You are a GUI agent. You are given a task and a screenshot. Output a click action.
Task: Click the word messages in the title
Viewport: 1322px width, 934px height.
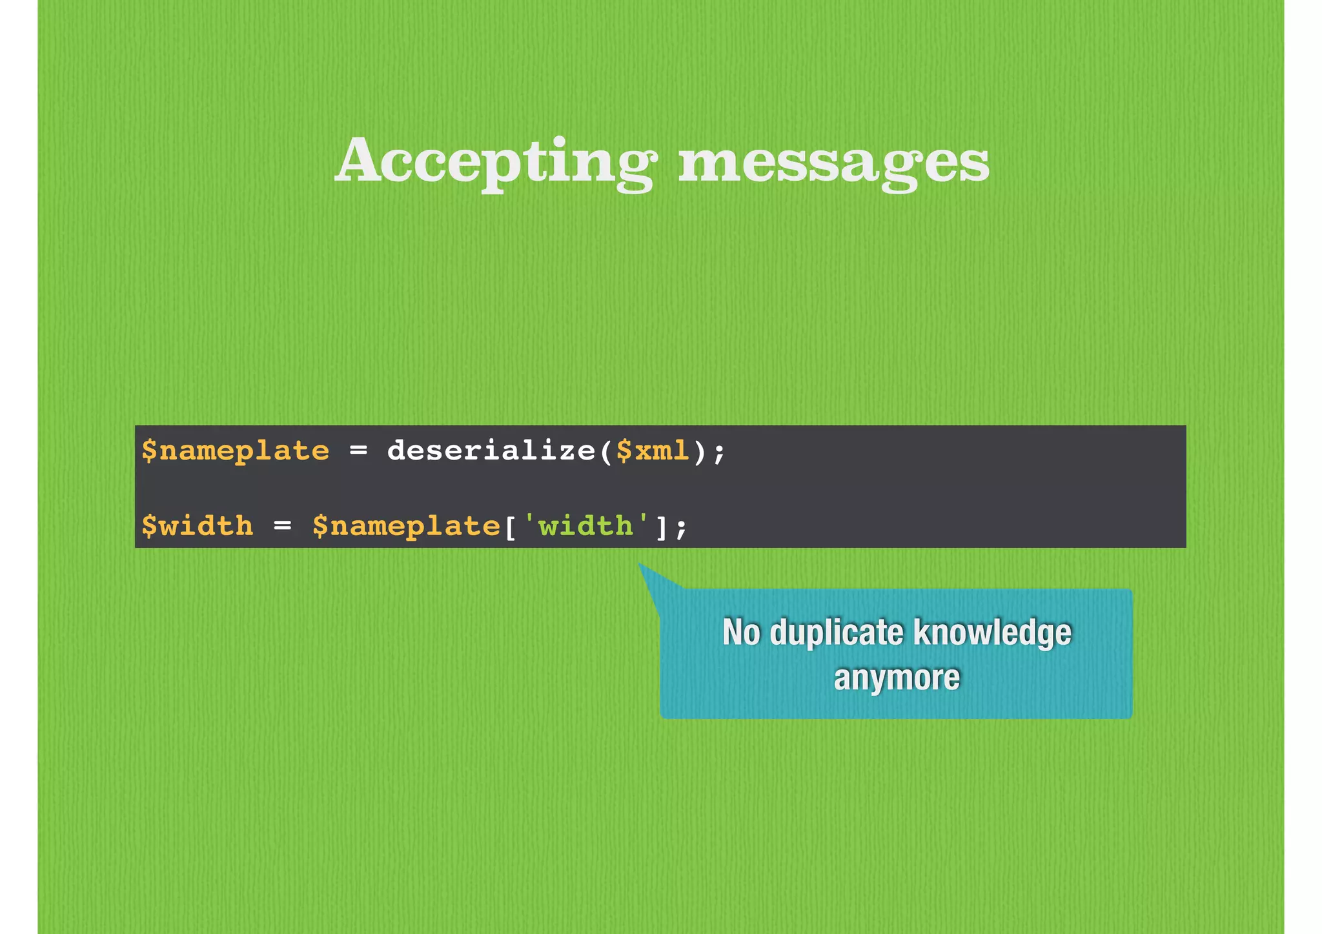coord(833,161)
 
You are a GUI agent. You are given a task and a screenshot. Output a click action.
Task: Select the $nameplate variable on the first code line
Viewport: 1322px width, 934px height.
coord(236,451)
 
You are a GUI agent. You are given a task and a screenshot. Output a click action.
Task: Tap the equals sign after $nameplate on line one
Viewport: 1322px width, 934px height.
coord(358,451)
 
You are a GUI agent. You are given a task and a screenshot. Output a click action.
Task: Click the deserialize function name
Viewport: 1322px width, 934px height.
coord(491,451)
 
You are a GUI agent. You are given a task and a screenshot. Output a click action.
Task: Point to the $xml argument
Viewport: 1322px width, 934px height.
coord(653,451)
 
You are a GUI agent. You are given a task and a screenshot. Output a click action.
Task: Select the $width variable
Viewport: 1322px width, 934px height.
coord(198,525)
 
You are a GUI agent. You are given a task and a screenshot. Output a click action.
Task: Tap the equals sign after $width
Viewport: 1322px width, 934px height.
coord(282,525)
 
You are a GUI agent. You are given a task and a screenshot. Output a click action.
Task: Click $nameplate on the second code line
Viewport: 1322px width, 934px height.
coord(406,525)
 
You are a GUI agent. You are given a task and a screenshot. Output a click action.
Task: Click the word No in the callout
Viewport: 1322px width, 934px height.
coord(741,632)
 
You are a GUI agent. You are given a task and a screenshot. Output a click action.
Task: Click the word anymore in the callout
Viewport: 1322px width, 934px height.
coord(897,678)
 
